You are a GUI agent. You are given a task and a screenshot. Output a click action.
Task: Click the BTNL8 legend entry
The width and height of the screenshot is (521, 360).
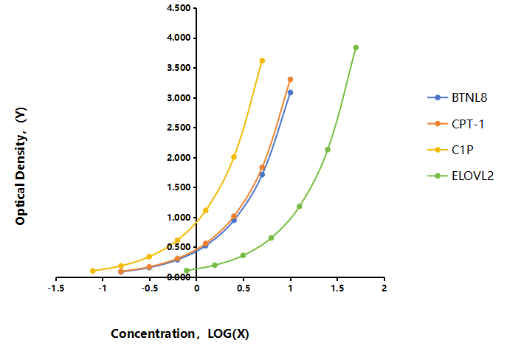click(x=458, y=97)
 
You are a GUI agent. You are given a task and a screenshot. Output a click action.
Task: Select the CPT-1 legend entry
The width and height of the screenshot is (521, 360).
click(x=455, y=124)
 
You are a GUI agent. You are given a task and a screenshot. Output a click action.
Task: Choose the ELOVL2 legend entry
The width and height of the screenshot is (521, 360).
click(x=460, y=176)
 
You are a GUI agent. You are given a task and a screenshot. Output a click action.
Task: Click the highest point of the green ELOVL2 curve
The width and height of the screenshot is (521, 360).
click(x=356, y=47)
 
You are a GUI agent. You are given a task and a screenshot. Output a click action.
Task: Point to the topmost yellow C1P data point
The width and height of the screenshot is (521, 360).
click(x=262, y=60)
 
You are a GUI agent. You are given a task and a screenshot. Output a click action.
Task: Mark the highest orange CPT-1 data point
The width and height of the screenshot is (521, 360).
click(x=291, y=80)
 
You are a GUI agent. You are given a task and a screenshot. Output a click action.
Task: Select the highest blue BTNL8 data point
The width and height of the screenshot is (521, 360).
click(x=291, y=92)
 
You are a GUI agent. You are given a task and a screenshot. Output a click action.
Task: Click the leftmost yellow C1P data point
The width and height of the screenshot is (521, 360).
click(x=93, y=271)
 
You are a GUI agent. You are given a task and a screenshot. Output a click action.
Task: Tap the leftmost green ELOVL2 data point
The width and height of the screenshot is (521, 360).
click(x=187, y=270)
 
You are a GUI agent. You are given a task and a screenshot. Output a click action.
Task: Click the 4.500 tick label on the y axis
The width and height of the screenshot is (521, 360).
click(x=179, y=8)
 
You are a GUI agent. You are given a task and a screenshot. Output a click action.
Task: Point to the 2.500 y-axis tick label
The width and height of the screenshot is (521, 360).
click(x=179, y=128)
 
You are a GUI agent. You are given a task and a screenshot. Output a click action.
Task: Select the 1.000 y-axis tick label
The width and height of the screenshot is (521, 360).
click(x=179, y=218)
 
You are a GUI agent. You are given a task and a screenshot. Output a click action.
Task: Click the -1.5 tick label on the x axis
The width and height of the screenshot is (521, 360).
click(x=56, y=288)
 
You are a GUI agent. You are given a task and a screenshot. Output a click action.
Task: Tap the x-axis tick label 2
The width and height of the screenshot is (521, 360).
click(x=384, y=288)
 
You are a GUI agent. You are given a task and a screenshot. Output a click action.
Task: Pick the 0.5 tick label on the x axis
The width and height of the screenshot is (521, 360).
click(x=244, y=288)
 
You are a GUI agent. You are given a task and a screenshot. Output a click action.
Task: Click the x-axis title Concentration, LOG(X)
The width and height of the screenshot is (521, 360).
click(x=180, y=333)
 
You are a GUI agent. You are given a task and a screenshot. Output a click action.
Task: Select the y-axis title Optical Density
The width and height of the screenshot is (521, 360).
click(x=21, y=166)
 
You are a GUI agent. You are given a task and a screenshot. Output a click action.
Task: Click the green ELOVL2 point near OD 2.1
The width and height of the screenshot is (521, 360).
click(x=328, y=150)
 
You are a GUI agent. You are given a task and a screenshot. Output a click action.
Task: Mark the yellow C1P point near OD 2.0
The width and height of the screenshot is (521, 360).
click(x=234, y=156)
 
